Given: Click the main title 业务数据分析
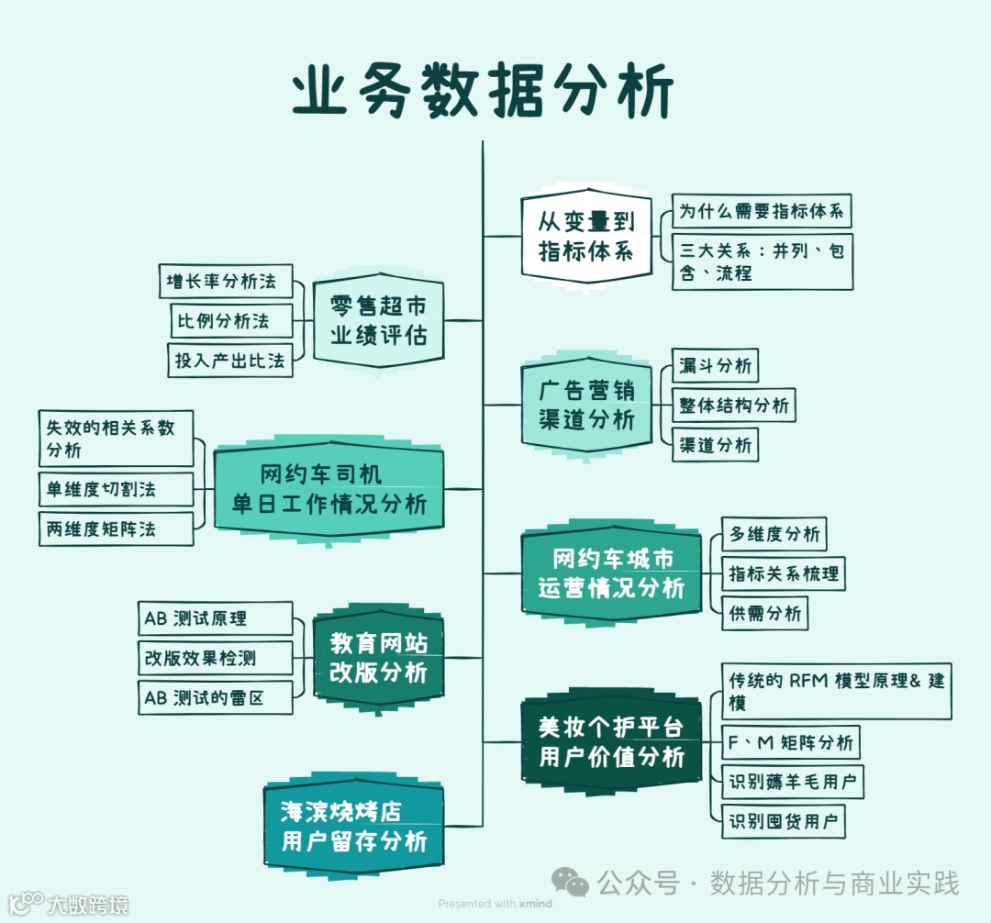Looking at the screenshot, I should point(484,92).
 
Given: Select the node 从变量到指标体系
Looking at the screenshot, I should point(586,235).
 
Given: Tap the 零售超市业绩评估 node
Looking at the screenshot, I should point(378,320).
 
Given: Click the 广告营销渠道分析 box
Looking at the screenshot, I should point(586,405).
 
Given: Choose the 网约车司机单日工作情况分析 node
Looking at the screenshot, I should point(328,489).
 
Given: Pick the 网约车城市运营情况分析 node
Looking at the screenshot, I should point(611,573).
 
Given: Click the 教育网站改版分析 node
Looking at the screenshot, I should point(378,657).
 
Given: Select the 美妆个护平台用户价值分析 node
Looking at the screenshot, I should point(611,742).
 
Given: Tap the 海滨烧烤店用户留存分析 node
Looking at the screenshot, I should point(353,826).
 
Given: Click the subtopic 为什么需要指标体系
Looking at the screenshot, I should point(762,211).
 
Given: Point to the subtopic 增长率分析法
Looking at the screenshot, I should point(224,281).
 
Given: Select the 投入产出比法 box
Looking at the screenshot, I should point(229,360).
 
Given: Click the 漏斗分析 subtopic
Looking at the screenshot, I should point(715,365).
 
